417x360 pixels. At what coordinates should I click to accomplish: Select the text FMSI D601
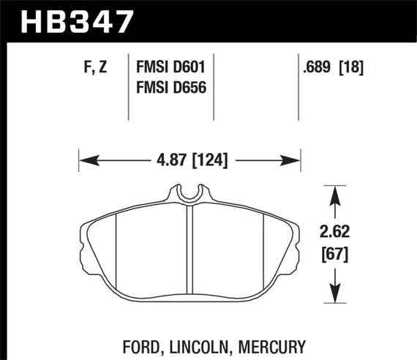170,67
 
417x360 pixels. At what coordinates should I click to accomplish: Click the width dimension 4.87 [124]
189,159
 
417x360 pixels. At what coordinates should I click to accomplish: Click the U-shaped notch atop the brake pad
189,195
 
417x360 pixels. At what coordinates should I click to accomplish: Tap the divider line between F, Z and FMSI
129,88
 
